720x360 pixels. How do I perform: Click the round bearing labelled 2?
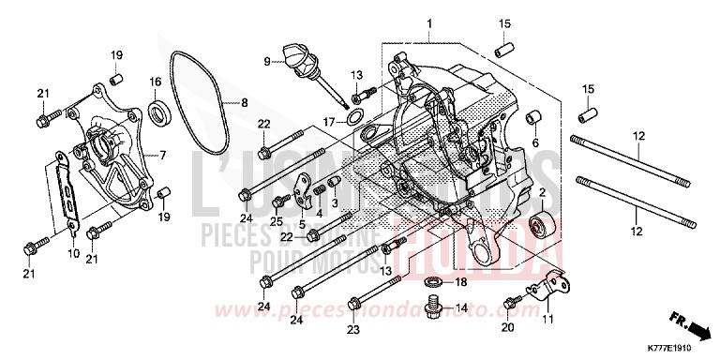(x=540, y=227)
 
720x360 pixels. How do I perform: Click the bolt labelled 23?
(x=354, y=304)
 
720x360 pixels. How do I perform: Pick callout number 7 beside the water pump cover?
(x=163, y=155)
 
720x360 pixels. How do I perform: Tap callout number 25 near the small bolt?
(x=277, y=221)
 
